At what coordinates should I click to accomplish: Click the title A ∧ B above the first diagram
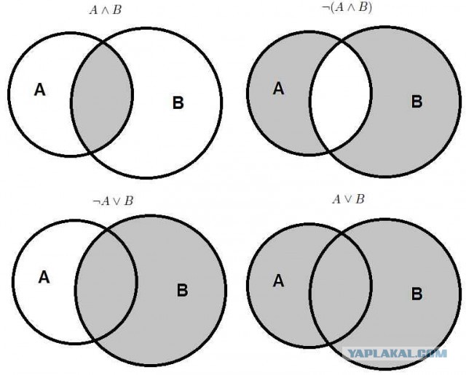pos(106,10)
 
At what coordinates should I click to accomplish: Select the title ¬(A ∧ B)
pos(347,7)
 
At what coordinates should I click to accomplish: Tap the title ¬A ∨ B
pos(113,201)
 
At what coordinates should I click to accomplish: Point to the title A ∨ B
pos(348,199)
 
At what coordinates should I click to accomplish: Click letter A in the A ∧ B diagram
pos(40,89)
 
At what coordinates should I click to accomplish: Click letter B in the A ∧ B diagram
pos(178,102)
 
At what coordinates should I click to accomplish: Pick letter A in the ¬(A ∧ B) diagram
pos(278,89)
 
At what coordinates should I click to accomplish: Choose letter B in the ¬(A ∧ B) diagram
pos(416,101)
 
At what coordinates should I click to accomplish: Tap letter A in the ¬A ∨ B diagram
pos(44,278)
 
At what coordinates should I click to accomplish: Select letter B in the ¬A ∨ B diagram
pos(182,290)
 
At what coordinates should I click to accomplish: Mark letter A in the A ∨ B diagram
pos(278,281)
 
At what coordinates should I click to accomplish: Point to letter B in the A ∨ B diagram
pos(416,294)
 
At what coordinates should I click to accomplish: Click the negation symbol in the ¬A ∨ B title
pos(95,202)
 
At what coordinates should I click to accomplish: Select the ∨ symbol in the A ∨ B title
pos(348,200)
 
